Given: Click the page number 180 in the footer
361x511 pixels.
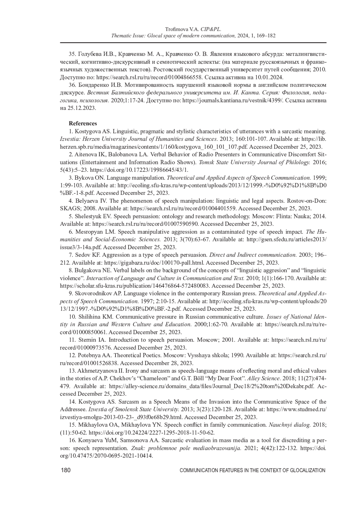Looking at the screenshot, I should pyautogui.click(x=66, y=470).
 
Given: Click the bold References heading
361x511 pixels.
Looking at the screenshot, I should pyautogui.click(x=83, y=123).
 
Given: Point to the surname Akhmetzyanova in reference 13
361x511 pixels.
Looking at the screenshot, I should pyautogui.click(x=96, y=371).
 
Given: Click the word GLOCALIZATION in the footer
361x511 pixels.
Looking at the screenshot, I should pyautogui.click(x=308, y=471).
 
